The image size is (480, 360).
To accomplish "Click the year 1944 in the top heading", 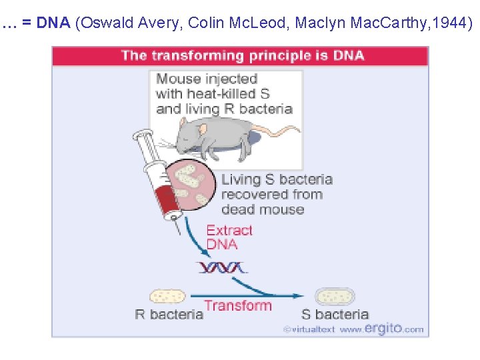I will pos(451,23).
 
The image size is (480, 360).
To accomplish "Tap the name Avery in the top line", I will pos(160,23).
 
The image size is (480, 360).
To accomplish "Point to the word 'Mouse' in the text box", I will pos(179,79).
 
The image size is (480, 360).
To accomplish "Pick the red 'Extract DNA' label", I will pos(229,237).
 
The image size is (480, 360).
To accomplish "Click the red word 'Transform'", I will pos(238,306).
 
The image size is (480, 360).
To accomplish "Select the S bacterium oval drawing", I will pos(335,297).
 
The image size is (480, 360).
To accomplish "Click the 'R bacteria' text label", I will pos(169,314).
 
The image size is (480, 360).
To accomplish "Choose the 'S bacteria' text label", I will pos(335,314).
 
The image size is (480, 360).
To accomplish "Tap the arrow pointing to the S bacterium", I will pos(280,291).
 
